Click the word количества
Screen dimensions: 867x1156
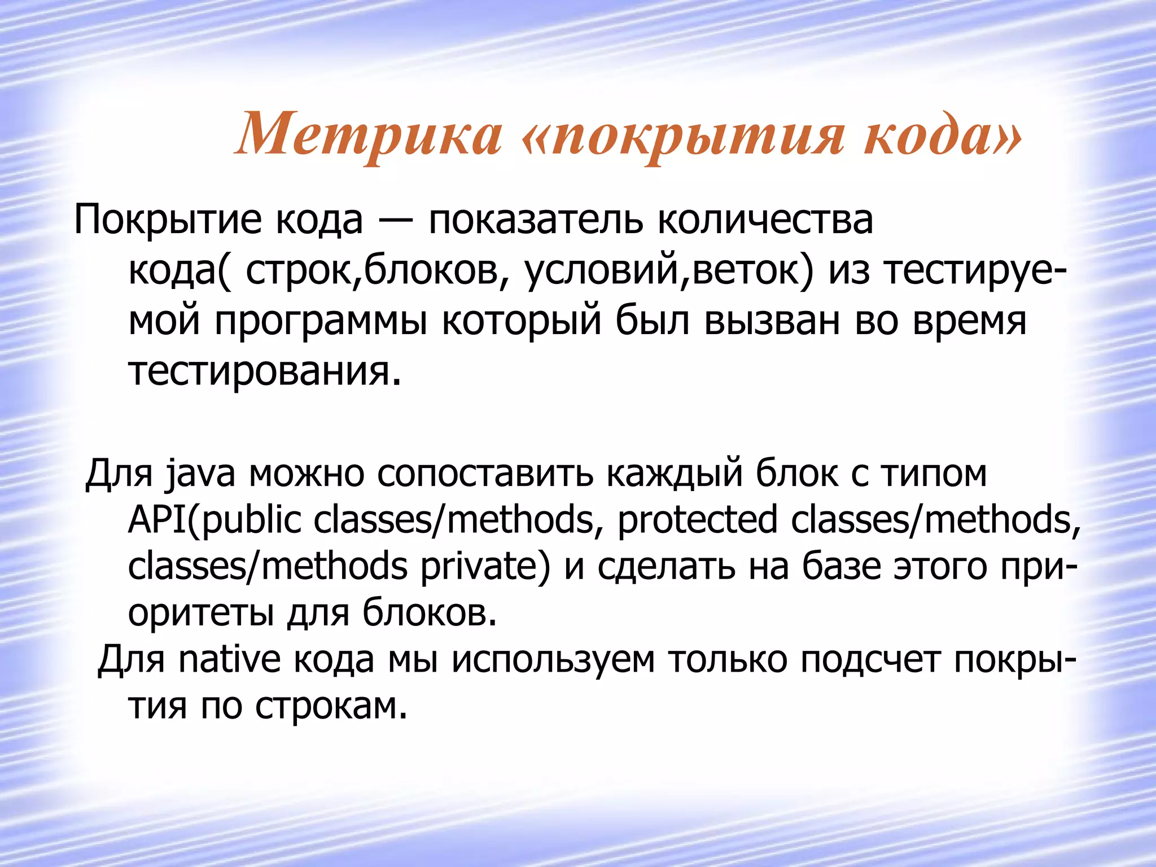click(x=765, y=220)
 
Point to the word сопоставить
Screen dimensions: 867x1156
click(x=485, y=474)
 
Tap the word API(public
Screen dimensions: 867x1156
click(x=214, y=520)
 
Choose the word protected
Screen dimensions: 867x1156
click(x=698, y=520)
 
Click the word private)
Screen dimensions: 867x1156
click(x=485, y=567)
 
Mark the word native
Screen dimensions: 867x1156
click(x=229, y=659)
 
